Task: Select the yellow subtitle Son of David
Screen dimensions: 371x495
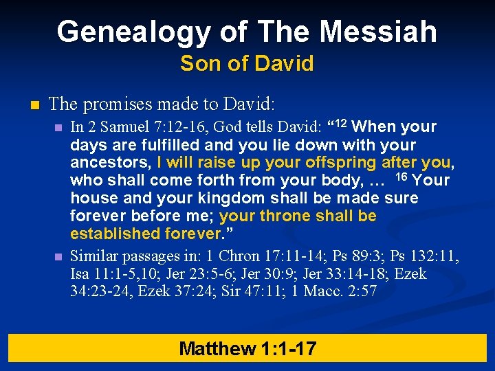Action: coord(247,64)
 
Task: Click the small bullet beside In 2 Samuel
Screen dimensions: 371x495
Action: coord(59,127)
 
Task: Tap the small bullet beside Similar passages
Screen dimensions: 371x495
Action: coord(59,256)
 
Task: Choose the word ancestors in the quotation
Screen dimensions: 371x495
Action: coord(111,163)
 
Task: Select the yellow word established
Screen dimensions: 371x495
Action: coord(115,234)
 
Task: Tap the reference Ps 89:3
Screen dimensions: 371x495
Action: coord(357,256)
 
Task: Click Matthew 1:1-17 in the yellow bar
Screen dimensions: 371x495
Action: coord(247,348)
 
